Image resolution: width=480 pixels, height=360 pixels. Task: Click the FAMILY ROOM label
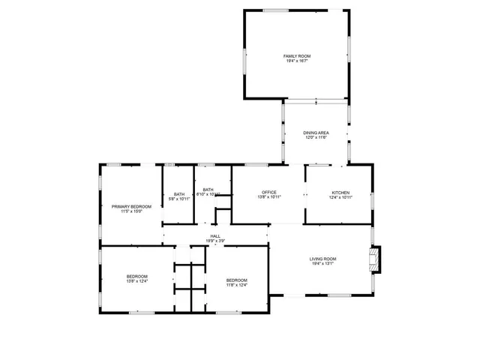296,56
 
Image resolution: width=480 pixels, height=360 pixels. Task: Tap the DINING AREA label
316,133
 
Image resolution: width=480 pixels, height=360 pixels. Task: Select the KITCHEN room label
341,193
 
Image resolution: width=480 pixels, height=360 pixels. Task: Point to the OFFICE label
268,193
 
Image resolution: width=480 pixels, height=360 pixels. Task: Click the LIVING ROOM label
323,259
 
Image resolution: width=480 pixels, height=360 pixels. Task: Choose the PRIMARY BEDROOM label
131,206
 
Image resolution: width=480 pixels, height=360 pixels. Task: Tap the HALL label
215,236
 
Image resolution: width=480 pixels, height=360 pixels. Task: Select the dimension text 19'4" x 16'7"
296,61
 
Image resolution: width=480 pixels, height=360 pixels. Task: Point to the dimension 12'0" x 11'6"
316,137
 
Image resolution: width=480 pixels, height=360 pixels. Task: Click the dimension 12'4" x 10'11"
341,197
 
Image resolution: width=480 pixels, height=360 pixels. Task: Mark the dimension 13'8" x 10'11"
268,197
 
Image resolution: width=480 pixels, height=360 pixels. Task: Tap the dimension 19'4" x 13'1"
323,264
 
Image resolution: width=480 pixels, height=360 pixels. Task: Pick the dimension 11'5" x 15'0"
131,211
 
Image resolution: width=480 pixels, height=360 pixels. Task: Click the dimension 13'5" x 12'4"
136,281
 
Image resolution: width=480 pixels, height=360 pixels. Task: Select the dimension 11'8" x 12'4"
237,285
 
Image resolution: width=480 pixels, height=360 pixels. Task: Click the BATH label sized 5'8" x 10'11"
179,194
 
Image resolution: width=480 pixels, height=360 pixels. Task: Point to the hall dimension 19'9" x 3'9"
215,241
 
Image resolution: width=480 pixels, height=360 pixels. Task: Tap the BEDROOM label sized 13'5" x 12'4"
136,277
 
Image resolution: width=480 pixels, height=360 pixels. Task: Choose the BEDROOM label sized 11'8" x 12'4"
237,280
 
